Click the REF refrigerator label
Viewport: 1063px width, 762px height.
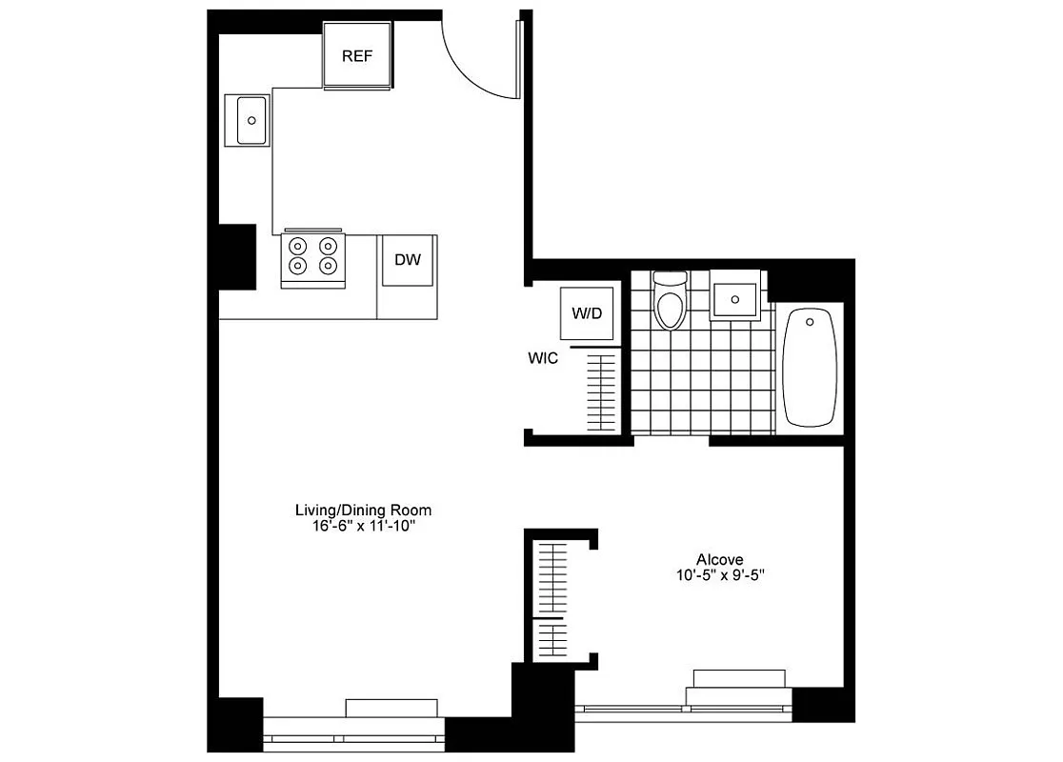pyautogui.click(x=357, y=55)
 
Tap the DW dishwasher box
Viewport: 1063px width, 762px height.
pyautogui.click(x=408, y=259)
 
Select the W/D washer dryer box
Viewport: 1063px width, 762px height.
pyautogui.click(x=587, y=313)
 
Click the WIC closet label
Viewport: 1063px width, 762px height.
pyautogui.click(x=543, y=359)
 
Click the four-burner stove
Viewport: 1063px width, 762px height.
pyautogui.click(x=312, y=258)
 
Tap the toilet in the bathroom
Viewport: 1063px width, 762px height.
pyautogui.click(x=671, y=304)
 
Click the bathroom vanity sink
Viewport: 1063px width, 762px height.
pyautogui.click(x=735, y=298)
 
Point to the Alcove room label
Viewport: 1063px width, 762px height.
pyautogui.click(x=719, y=559)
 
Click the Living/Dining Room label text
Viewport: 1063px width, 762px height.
pyautogui.click(x=356, y=511)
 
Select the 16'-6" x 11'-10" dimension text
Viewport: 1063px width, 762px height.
pyautogui.click(x=356, y=526)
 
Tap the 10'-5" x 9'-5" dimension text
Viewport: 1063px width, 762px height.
pyautogui.click(x=719, y=574)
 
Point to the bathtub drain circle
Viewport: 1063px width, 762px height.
pyautogui.click(x=811, y=322)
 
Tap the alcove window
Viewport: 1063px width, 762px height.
pyautogui.click(x=686, y=708)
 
